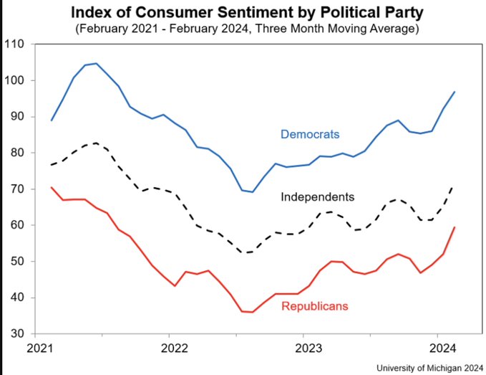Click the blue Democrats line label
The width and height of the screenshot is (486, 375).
(310, 134)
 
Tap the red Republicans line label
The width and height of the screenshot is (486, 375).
(315, 306)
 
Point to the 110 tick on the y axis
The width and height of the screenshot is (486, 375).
(15, 44)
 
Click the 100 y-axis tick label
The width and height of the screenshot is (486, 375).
(15, 80)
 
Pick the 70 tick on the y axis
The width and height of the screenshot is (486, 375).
(18, 189)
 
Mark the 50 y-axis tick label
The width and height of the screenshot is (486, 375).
(18, 262)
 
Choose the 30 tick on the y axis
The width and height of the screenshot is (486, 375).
(18, 334)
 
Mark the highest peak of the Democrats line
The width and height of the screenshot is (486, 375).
(97, 63)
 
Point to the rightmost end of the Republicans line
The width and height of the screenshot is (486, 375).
(455, 227)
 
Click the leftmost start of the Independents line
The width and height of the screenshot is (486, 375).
(52, 165)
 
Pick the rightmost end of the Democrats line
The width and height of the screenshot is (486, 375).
(455, 92)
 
